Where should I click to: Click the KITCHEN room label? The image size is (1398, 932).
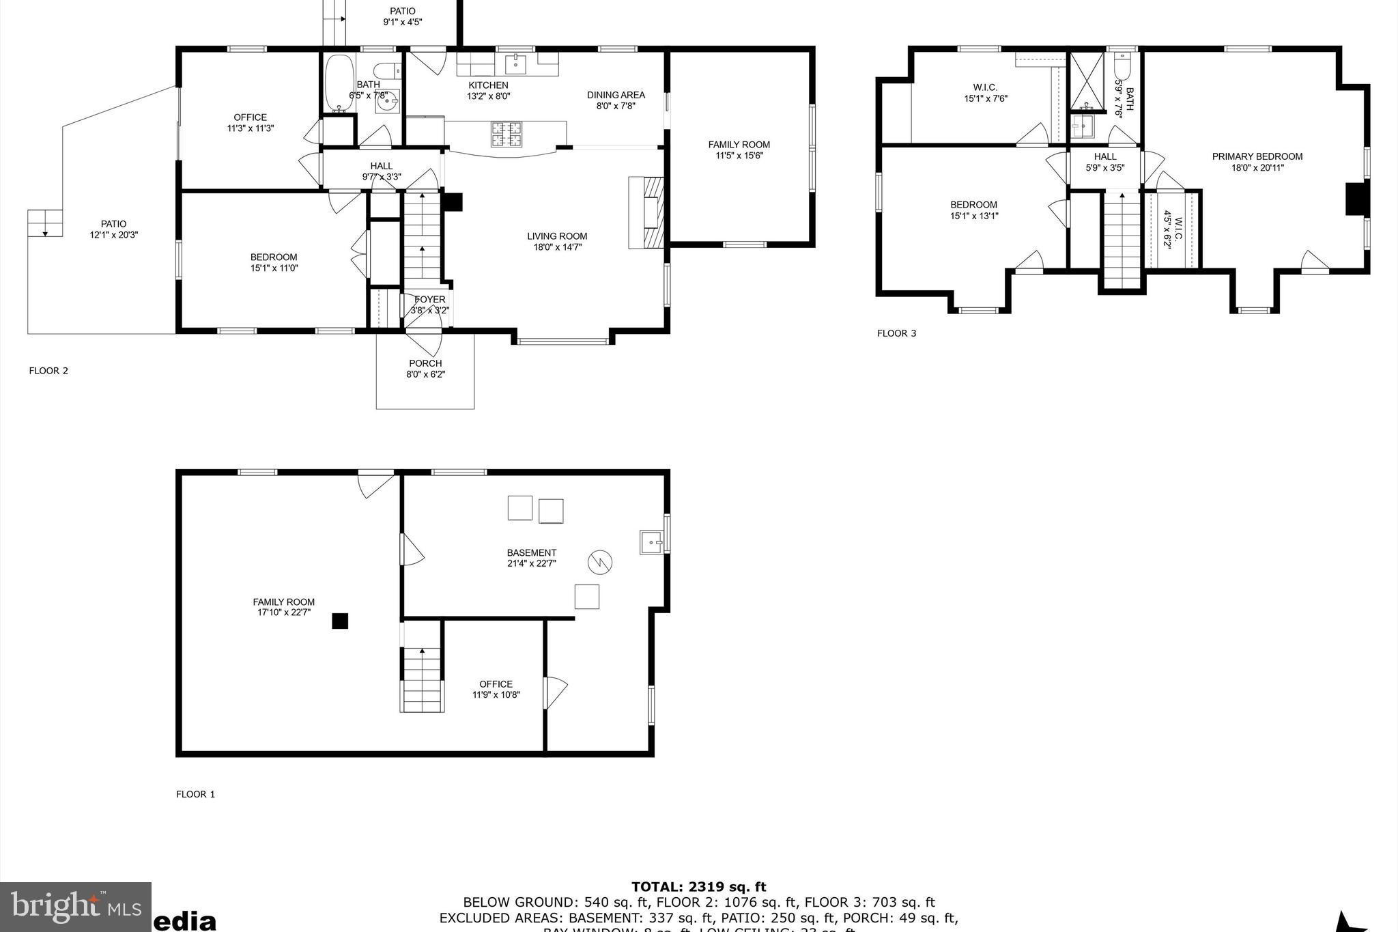(x=488, y=85)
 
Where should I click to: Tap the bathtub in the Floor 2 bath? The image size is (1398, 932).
(x=339, y=83)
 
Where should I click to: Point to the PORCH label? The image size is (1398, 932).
(x=425, y=363)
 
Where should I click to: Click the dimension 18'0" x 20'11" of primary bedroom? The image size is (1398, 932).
(x=1257, y=167)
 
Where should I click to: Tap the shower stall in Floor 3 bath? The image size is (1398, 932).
(x=1086, y=80)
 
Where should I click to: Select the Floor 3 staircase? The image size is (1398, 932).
(x=1122, y=240)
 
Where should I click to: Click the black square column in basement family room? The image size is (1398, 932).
(x=340, y=621)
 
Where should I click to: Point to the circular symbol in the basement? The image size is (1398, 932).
(x=600, y=563)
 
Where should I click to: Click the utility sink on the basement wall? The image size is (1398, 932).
(x=652, y=542)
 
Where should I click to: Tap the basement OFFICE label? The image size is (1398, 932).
(x=496, y=684)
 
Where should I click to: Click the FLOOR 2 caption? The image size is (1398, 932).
(x=48, y=371)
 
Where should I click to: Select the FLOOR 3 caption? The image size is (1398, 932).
(x=896, y=333)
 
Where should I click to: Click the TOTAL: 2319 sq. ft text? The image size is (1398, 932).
(x=698, y=887)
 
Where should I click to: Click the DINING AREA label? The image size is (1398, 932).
(x=616, y=95)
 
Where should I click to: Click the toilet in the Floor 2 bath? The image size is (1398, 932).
(x=386, y=72)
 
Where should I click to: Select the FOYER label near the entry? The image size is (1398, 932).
(x=429, y=299)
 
